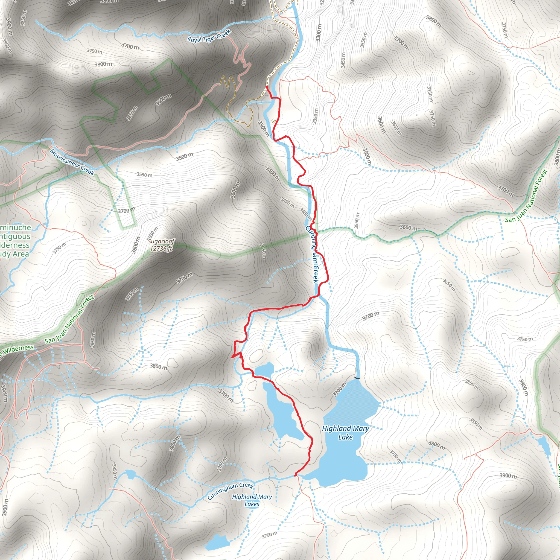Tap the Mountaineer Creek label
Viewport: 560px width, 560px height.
coord(72,162)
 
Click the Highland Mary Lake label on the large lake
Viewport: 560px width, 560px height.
coord(345,433)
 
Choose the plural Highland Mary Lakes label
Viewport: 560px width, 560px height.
coord(252,500)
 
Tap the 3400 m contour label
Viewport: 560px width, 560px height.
coord(273,173)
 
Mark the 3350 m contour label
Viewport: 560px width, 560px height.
coord(315,116)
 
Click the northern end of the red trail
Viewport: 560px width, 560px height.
coord(266,86)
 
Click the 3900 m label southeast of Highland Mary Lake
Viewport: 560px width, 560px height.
coord(508,476)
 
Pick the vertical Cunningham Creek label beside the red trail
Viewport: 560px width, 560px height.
coord(312,254)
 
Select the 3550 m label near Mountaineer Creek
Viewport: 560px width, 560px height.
coord(144,175)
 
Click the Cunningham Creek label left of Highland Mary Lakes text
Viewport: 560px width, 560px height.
coord(231,491)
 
